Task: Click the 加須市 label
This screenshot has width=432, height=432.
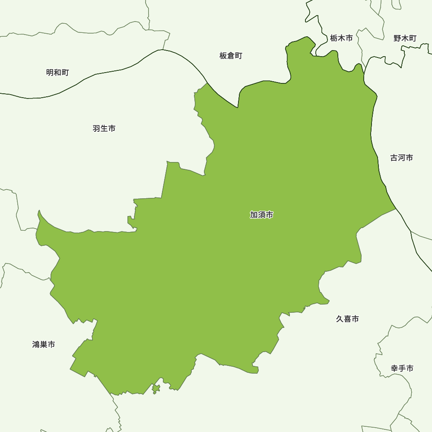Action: [x=261, y=215]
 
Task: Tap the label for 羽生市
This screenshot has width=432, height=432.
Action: [x=104, y=128]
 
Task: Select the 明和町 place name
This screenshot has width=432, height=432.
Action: [x=57, y=73]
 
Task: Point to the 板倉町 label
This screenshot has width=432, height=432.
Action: [x=231, y=56]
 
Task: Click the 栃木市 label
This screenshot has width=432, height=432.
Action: [x=341, y=38]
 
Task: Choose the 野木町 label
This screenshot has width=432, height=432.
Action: [x=405, y=38]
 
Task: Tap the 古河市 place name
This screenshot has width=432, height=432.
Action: [x=401, y=158]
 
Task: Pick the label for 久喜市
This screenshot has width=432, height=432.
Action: [x=347, y=319]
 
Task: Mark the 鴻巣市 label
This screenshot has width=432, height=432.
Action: [x=44, y=344]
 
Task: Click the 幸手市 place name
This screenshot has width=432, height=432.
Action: [x=402, y=368]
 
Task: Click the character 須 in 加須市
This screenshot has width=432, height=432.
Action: [x=261, y=215]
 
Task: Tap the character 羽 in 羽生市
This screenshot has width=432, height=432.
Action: [x=97, y=128]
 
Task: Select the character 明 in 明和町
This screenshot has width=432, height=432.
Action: [x=50, y=73]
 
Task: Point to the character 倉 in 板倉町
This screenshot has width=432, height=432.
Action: [x=231, y=56]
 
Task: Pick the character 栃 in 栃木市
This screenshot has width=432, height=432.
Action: [x=334, y=38]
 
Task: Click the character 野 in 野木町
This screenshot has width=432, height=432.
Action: [x=397, y=38]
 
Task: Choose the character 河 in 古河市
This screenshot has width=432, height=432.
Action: [x=401, y=158]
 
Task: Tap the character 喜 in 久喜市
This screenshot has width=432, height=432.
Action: [x=347, y=319]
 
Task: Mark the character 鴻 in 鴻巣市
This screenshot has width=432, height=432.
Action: [x=36, y=344]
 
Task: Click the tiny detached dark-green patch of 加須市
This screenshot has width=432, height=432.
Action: [x=156, y=389]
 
